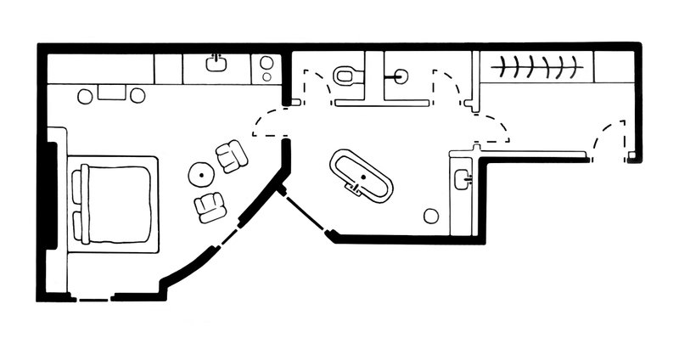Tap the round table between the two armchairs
click(202, 176)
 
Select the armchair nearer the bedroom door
click(231, 156)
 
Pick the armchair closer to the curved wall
click(210, 206)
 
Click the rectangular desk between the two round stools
click(110, 92)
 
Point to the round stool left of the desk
click(85, 96)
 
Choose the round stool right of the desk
click(137, 96)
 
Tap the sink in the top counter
click(217, 63)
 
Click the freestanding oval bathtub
click(362, 177)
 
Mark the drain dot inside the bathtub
click(362, 177)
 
